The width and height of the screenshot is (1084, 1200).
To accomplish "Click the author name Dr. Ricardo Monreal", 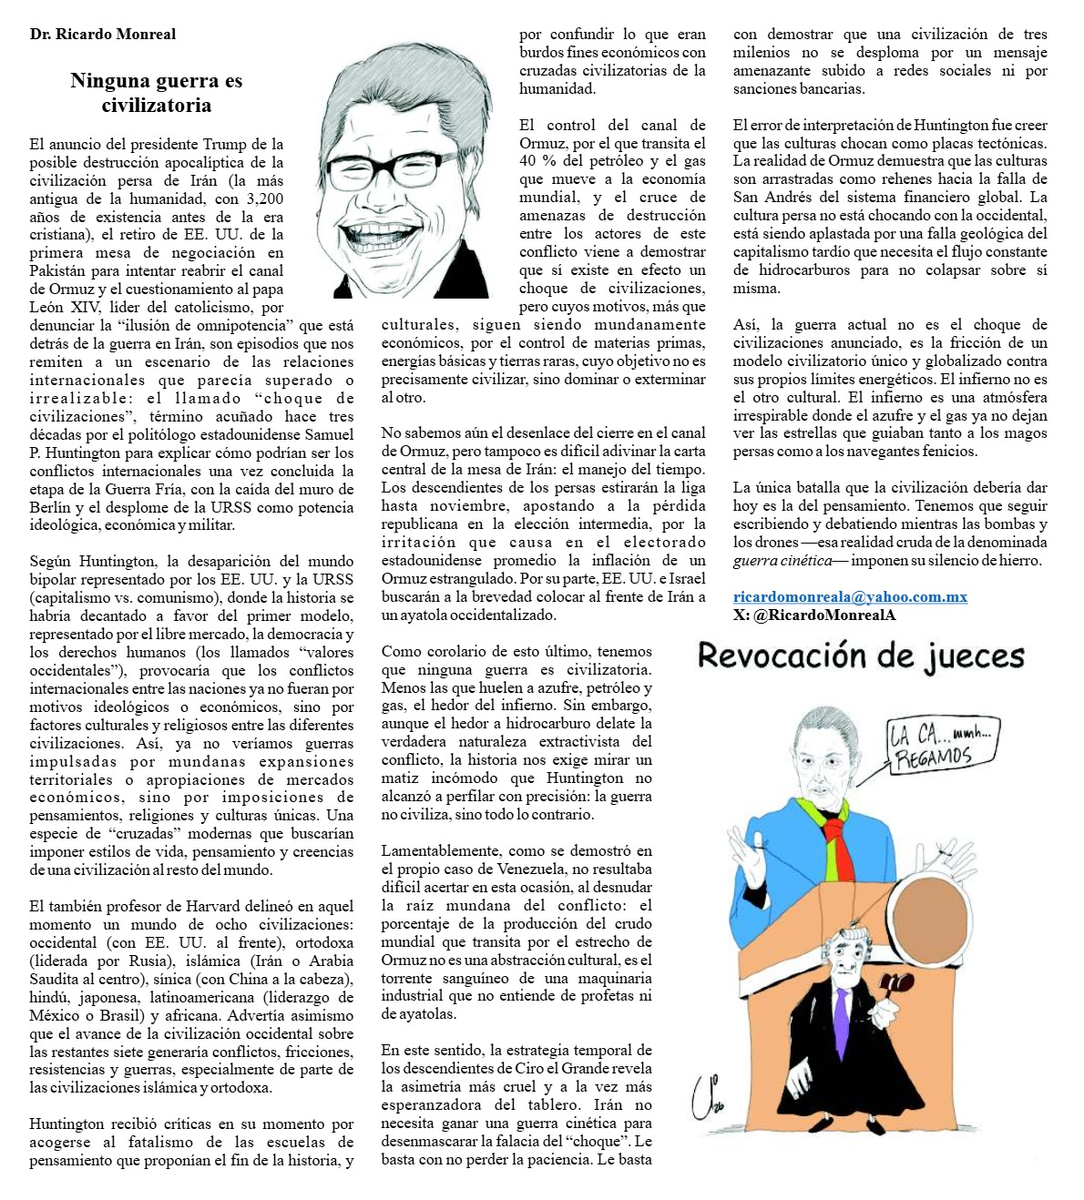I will click(x=102, y=35).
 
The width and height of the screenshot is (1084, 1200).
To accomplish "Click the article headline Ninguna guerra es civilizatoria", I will click(x=156, y=93).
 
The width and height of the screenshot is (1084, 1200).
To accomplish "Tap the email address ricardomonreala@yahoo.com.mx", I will click(x=850, y=597).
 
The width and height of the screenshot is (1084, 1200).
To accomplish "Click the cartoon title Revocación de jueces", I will click(x=861, y=656).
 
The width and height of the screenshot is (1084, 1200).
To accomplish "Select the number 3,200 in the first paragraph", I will click(x=265, y=198).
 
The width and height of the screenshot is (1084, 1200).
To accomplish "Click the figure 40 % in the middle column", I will click(x=537, y=161).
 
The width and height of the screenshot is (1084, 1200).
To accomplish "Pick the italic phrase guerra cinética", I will click(x=782, y=561).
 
